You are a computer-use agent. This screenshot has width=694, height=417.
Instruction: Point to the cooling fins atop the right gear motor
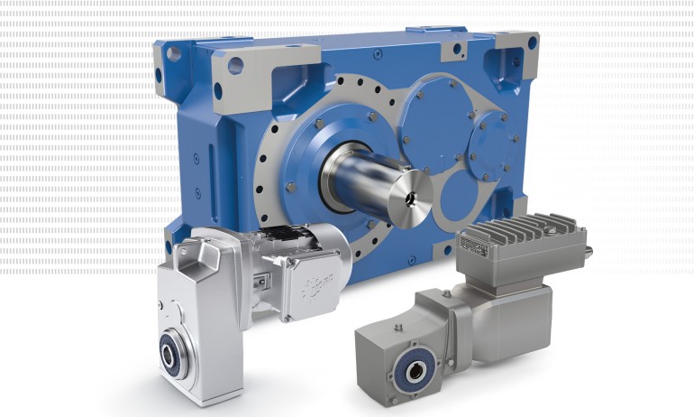click(519, 233)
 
